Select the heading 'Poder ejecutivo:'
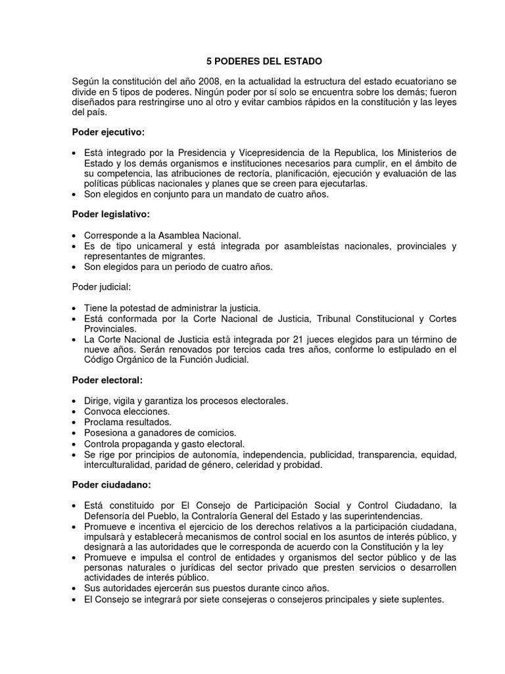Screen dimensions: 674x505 (x=108, y=132)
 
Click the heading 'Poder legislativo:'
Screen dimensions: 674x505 (x=111, y=215)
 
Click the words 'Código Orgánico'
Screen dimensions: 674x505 (x=118, y=360)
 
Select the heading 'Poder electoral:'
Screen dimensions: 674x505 (x=107, y=380)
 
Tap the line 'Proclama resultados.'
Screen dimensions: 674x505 (x=128, y=422)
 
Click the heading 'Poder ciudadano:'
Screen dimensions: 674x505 (x=111, y=484)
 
